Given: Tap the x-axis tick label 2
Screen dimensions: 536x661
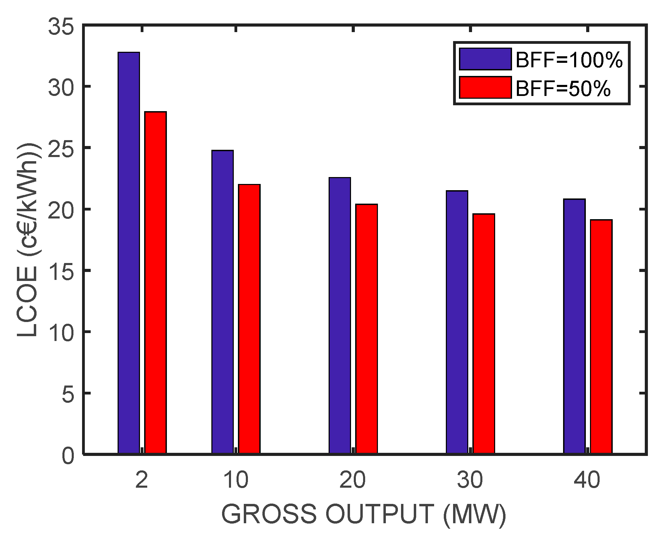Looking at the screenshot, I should pyautogui.click(x=142, y=480).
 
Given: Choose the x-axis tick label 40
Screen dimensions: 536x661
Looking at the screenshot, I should pyautogui.click(x=587, y=480).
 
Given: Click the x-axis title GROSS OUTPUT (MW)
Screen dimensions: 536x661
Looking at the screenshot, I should pyautogui.click(x=364, y=514).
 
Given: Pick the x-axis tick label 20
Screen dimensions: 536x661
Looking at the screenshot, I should pyautogui.click(x=352, y=480).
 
